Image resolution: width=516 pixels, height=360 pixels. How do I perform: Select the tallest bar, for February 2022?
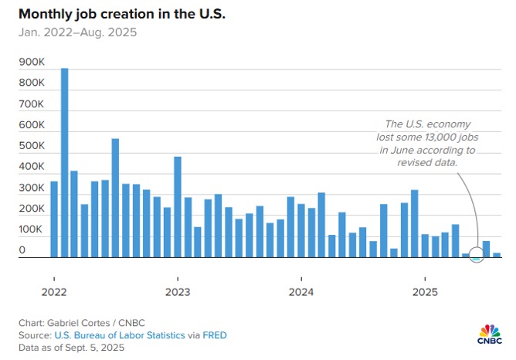[64, 162]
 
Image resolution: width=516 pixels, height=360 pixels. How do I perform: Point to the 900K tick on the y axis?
[31, 62]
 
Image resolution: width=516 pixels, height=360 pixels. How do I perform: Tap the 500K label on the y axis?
[31, 145]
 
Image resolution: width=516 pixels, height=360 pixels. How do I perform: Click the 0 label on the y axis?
[22, 250]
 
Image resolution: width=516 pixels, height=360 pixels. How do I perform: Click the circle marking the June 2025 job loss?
[477, 256]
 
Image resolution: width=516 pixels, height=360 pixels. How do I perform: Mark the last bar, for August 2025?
[497, 254]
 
